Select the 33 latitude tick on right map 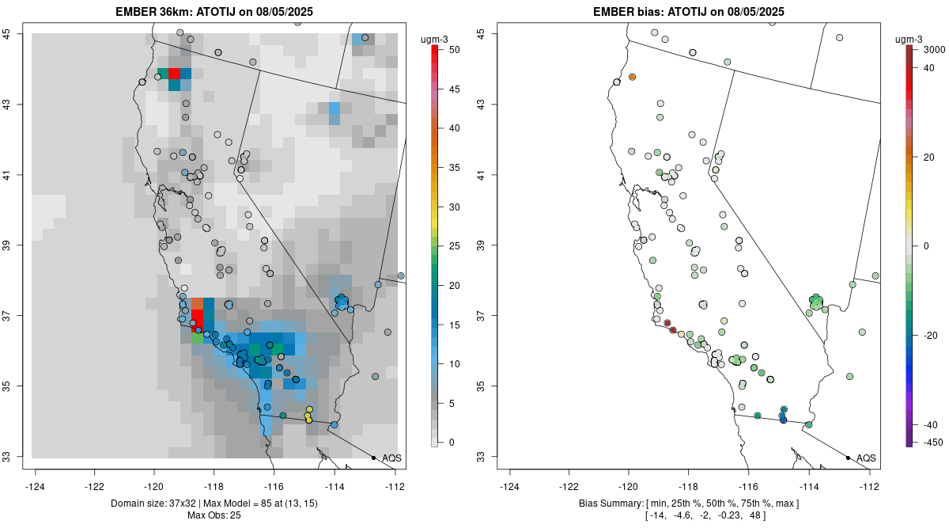(486, 457)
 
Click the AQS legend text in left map (391, 458)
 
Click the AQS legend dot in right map (847, 458)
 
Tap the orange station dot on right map (633, 77)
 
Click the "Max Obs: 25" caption (215, 515)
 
